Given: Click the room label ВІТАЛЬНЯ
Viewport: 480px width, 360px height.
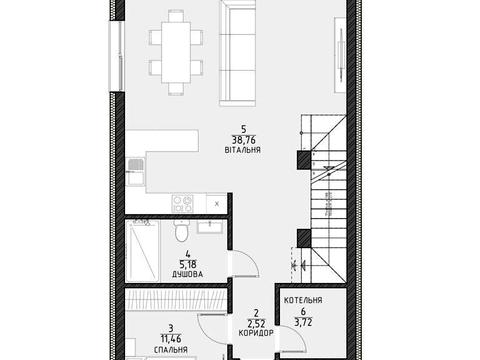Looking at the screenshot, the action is [243, 150].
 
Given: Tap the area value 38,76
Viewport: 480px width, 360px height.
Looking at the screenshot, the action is [244, 140].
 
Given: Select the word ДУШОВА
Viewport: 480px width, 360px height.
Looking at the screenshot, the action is [188, 274].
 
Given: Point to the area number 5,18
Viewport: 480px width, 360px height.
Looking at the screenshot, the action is [188, 265].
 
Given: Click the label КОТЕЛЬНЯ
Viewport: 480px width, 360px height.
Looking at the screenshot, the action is [303, 300].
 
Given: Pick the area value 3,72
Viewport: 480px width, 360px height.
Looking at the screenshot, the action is [303, 322].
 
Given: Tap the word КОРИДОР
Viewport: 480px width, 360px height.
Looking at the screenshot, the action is [256, 333].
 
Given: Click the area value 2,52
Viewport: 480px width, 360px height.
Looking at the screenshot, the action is [256, 323].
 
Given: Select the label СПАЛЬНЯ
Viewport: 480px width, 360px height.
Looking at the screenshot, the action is [171, 350].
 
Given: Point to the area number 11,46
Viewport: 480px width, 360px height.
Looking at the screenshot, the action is [171, 339].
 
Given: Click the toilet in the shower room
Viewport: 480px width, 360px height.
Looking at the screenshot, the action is [182, 231].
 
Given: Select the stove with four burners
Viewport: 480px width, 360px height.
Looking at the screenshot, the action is [182, 204].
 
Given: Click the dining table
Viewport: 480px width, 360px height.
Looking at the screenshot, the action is [176, 52].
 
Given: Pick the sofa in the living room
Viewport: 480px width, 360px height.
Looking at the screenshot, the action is [238, 53].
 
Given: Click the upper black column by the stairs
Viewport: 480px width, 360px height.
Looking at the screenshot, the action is [304, 160].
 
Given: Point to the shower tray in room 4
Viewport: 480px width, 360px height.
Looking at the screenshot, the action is [143, 251].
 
